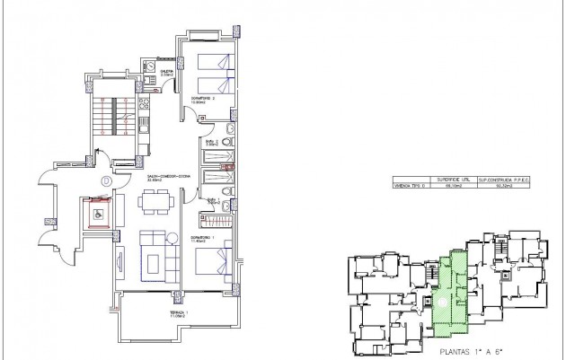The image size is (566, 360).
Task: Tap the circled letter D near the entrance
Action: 107,180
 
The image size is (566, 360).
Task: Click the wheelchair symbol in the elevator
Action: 97,214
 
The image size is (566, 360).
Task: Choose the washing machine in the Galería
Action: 149,72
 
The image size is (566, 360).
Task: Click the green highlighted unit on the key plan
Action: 454,287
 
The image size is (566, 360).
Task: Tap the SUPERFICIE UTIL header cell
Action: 454,180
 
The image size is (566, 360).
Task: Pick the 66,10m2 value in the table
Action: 454,187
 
